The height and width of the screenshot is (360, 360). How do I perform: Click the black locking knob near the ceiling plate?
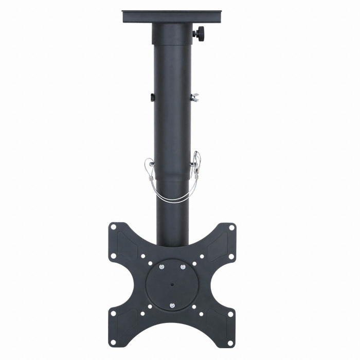199,33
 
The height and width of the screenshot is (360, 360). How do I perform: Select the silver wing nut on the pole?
194,97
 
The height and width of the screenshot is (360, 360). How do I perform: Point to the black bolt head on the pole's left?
153,97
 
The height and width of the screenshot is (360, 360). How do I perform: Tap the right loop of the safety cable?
196,164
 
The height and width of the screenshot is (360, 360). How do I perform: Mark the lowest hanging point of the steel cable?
172,201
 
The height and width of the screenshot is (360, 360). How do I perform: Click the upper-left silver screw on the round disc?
161,266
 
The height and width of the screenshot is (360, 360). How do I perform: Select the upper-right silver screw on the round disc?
183,266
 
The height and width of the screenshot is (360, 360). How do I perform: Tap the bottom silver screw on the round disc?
172,305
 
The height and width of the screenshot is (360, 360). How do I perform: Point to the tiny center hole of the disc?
172,283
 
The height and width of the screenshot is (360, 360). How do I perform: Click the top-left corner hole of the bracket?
112,227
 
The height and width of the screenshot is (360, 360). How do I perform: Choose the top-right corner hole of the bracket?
231,227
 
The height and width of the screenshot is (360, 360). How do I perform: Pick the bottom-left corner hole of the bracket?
112,342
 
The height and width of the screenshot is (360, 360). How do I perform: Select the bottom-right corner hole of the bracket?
231,342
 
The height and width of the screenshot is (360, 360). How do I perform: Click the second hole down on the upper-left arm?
113,256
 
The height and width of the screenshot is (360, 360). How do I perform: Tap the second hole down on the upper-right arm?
231,256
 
